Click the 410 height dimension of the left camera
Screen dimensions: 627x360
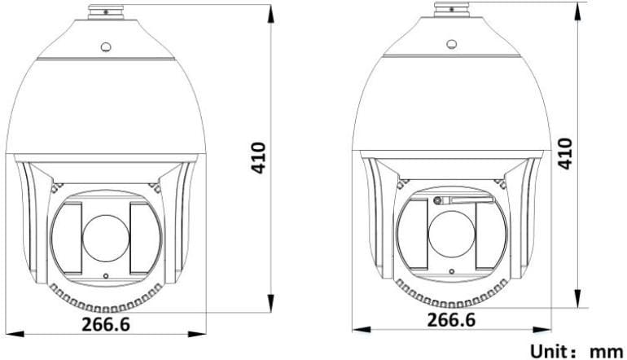pos(259,158)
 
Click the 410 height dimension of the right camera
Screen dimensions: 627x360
pos(565,154)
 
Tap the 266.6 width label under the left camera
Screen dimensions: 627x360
pos(106,324)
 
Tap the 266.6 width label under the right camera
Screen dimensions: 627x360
pos(451,319)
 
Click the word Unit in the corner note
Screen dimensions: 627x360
pos(550,352)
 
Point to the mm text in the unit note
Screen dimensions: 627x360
pos(607,353)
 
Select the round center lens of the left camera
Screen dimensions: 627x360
pos(106,238)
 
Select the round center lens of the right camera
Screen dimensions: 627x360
pos(451,234)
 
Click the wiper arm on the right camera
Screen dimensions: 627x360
pos(464,199)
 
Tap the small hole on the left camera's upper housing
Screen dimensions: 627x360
pos(106,47)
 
